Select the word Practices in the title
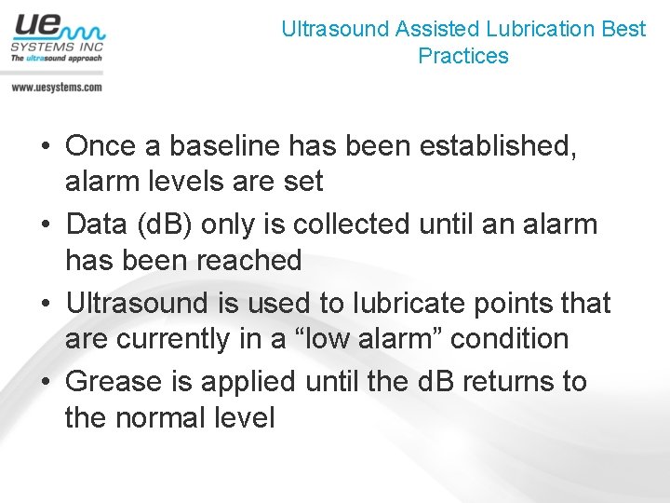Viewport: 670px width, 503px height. coord(463,56)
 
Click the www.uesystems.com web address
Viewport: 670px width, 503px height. coord(56,87)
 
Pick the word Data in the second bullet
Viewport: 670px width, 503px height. coord(96,224)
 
